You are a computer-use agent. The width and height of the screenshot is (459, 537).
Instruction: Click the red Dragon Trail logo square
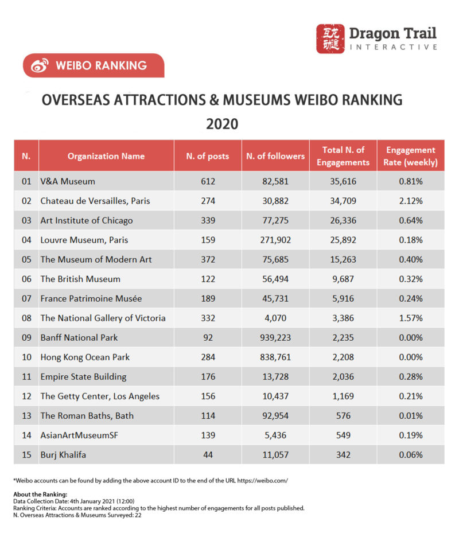(x=330, y=38)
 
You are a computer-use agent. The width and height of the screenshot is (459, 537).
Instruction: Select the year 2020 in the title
(x=222, y=124)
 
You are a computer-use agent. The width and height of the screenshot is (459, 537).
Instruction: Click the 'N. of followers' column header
(x=275, y=155)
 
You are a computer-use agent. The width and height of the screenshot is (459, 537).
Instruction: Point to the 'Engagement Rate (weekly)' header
(x=411, y=156)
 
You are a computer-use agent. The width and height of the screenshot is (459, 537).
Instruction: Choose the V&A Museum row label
(x=68, y=181)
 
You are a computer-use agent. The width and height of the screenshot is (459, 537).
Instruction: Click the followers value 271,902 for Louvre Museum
(x=275, y=240)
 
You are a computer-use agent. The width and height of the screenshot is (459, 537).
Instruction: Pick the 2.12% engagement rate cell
(x=411, y=201)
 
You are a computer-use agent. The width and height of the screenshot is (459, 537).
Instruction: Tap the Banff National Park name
(x=79, y=337)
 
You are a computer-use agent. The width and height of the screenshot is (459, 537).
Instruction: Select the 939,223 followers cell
(x=275, y=337)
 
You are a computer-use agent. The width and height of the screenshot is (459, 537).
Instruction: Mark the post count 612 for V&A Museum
(x=208, y=181)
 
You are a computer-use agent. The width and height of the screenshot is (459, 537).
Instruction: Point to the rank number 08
(x=26, y=318)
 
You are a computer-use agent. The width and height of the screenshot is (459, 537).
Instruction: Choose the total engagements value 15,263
(x=343, y=259)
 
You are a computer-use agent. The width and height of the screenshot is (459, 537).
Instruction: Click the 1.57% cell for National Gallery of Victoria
(x=411, y=318)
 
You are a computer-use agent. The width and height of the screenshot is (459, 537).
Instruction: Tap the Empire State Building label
(x=83, y=376)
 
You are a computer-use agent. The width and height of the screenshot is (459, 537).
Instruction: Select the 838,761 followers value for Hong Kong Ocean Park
(x=275, y=357)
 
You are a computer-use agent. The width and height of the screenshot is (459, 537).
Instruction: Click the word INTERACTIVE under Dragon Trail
(x=394, y=47)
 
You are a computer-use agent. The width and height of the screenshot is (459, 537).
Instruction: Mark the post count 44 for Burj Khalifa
(x=208, y=454)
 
